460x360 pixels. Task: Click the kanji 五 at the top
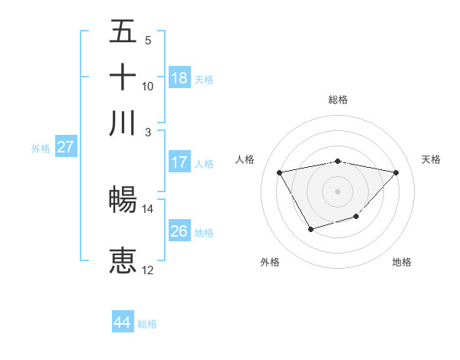pyautogui.click(x=123, y=33)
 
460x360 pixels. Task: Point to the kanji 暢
pyautogui.click(x=123, y=200)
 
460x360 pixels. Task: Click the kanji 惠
pyautogui.click(x=123, y=260)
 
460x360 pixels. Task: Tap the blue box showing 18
pyautogui.click(x=179, y=78)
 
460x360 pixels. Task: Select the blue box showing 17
pyautogui.click(x=179, y=162)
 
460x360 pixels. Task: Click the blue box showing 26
pyautogui.click(x=179, y=231)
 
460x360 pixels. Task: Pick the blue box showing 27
pyautogui.click(x=65, y=147)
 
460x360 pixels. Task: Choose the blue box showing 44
pyautogui.click(x=123, y=322)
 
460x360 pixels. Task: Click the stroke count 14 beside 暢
pyautogui.click(x=148, y=208)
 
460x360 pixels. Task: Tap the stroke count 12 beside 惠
pyautogui.click(x=148, y=270)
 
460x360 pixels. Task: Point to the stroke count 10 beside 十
pyautogui.click(x=148, y=86)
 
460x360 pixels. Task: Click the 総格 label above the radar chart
pyautogui.click(x=338, y=100)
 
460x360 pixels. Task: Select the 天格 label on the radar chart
pyautogui.click(x=431, y=159)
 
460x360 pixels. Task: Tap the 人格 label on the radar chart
pyautogui.click(x=245, y=159)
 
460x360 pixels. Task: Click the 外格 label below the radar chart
pyautogui.click(x=270, y=262)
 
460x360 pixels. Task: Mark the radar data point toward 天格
pyautogui.click(x=396, y=172)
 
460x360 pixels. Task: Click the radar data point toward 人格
pyautogui.click(x=280, y=172)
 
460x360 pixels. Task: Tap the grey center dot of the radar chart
pyautogui.click(x=338, y=191)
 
